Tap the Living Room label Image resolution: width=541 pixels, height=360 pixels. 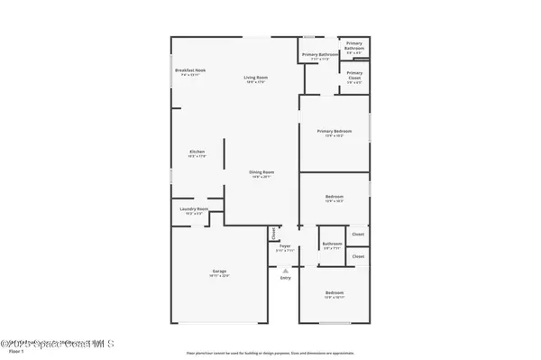coord(255,78)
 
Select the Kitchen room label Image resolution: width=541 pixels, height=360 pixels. coord(197,152)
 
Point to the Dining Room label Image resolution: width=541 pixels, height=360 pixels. coord(261,172)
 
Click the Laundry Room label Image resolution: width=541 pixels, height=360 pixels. coord(194,209)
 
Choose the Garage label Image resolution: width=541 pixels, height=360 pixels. coord(220,272)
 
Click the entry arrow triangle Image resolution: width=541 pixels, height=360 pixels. coord(285,270)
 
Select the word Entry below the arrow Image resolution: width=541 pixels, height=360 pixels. coord(285,278)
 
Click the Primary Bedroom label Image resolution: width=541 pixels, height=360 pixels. coord(335,132)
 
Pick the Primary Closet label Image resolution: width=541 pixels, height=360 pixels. coord(354,75)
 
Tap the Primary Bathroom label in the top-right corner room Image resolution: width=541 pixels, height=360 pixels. coord(354,44)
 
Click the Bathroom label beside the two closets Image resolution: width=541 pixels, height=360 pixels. coord(332,244)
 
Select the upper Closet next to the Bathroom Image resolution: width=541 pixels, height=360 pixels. coord(358,235)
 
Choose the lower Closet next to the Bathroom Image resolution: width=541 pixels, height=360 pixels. coord(358,256)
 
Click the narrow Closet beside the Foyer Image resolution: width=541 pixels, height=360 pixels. coord(272,233)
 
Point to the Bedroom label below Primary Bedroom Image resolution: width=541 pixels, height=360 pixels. coord(335,198)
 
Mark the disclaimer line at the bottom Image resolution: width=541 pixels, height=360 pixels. coord(270,354)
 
